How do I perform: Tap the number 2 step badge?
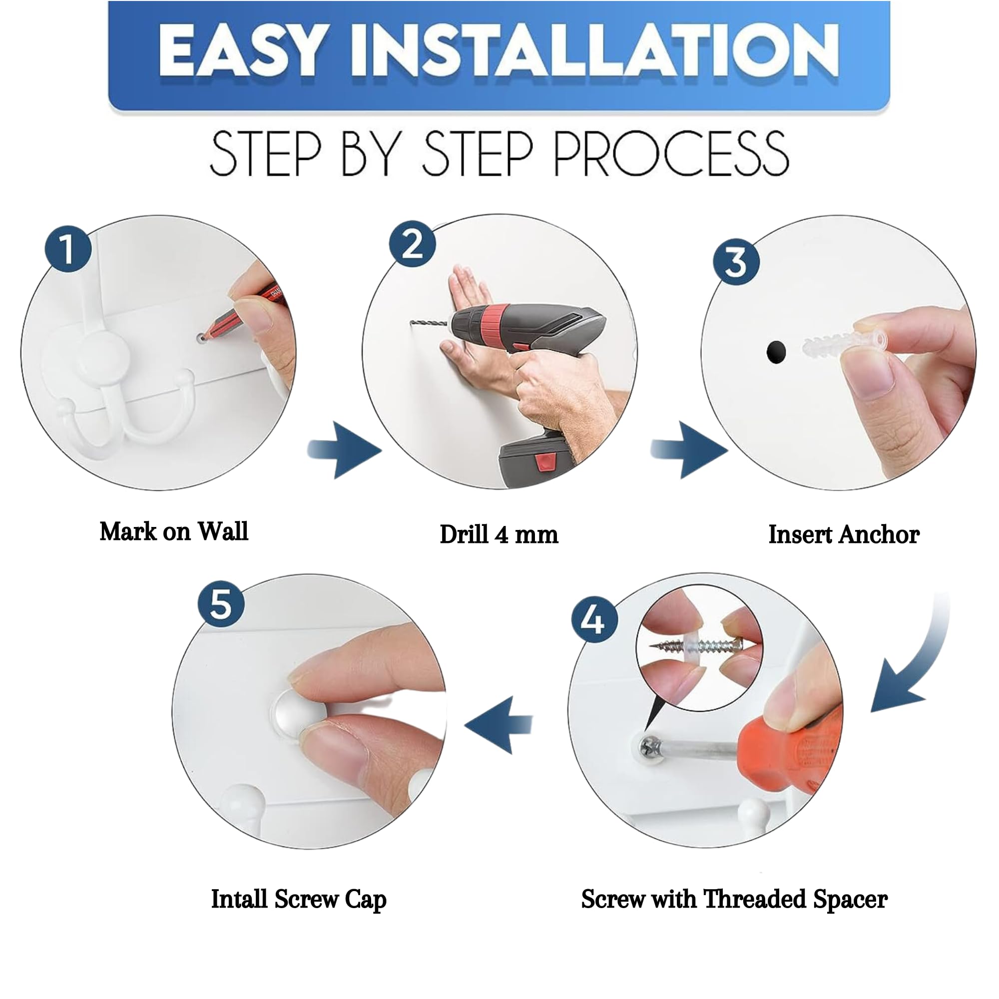(x=412, y=244)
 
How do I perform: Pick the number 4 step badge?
(x=594, y=619)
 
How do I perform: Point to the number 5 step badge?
(x=221, y=604)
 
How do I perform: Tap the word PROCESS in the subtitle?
(x=671, y=153)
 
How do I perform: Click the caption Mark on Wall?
(x=174, y=531)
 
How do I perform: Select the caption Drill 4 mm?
(x=499, y=534)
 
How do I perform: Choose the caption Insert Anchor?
(x=844, y=534)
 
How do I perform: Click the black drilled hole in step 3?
(x=776, y=352)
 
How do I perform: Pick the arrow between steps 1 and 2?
(x=344, y=450)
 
